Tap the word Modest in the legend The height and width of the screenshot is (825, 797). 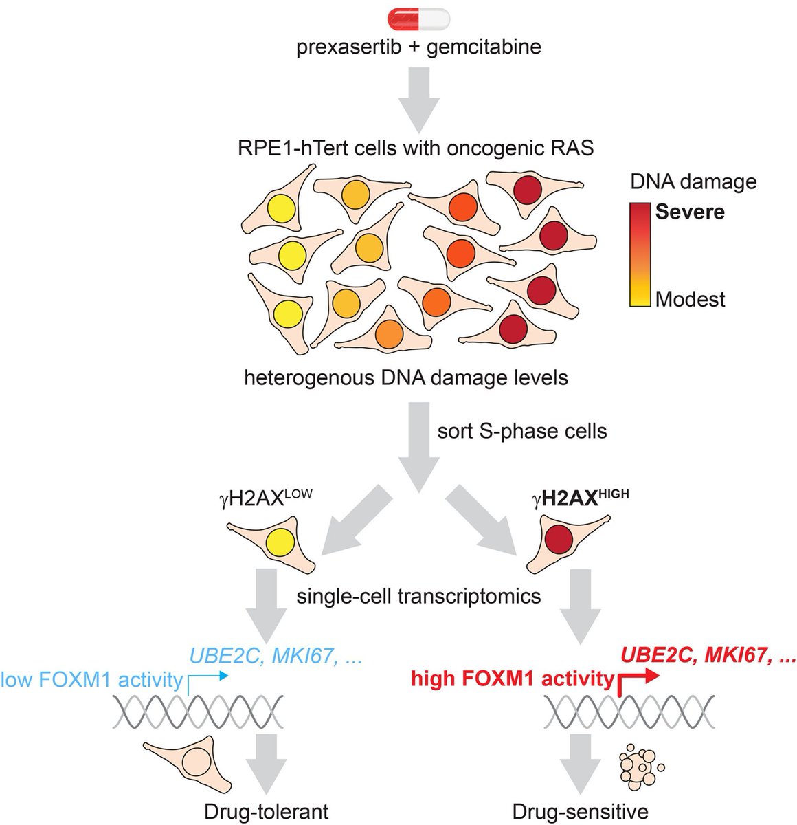click(690, 299)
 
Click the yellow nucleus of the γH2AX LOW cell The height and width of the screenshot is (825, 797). click(278, 542)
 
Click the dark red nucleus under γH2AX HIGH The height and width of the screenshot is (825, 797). click(559, 542)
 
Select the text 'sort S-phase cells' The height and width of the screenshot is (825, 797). click(522, 431)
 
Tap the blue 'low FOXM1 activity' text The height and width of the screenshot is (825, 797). click(92, 681)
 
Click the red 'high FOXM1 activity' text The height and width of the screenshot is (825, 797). click(512, 679)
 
